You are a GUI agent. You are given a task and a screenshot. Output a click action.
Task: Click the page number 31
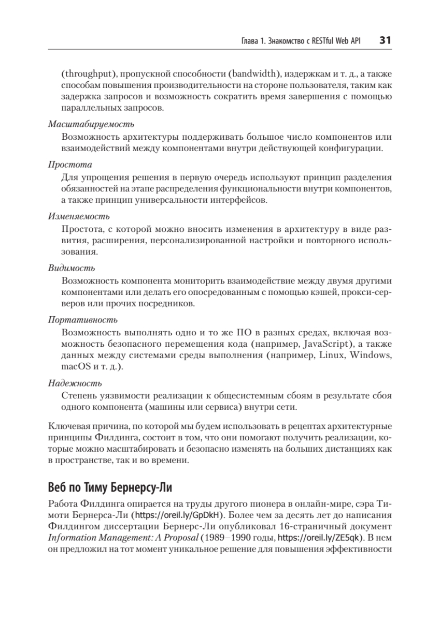(386, 40)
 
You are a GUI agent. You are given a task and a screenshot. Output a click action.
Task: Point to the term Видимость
(71, 268)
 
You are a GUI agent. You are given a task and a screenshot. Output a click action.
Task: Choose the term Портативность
(82, 319)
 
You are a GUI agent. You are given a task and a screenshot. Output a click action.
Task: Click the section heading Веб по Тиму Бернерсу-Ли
(109, 487)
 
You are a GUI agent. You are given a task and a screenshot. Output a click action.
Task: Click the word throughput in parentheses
(88, 72)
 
